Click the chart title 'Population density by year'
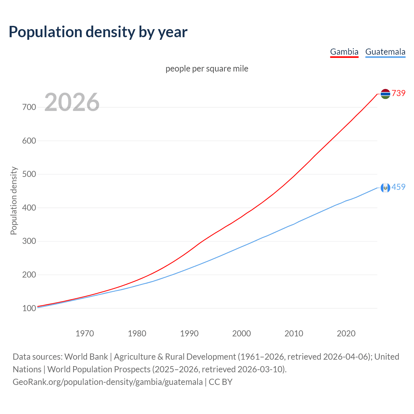click(x=98, y=32)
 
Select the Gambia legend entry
click(x=344, y=52)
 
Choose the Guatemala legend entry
click(x=385, y=52)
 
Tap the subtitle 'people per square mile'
click(x=207, y=69)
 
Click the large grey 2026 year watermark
click(x=72, y=102)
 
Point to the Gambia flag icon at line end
click(x=385, y=94)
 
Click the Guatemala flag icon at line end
click(x=385, y=188)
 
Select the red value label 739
click(x=398, y=93)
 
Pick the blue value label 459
click(x=398, y=187)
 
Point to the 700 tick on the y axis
click(x=29, y=107)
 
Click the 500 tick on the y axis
click(x=29, y=174)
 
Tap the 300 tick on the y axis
click(x=29, y=241)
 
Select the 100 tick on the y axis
click(x=29, y=308)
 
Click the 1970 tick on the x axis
click(x=85, y=333)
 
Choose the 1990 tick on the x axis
click(x=189, y=333)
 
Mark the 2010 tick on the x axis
click(x=294, y=333)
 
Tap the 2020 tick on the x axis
click(x=346, y=333)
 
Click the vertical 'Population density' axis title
click(x=14, y=201)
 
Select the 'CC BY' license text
click(x=221, y=382)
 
